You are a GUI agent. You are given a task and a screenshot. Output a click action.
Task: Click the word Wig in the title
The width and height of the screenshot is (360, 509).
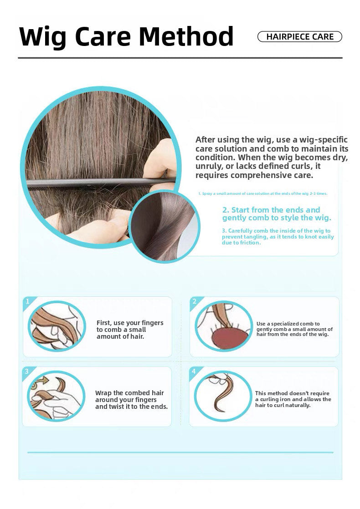42,37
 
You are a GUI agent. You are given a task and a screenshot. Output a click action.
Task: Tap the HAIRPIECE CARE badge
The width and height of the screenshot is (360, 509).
299,37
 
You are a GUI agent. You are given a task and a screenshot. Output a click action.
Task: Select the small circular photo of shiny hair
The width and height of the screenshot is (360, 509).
165,226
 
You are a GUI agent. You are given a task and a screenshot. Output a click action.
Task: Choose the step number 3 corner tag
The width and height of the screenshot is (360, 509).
27,372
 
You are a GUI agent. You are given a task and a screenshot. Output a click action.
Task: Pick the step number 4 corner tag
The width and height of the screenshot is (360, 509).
194,372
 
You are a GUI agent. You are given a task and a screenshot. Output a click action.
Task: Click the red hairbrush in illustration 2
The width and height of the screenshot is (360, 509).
225,338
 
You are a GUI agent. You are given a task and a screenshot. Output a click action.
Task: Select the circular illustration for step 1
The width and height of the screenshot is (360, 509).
57,326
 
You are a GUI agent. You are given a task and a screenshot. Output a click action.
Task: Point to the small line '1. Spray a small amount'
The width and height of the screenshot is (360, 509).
263,194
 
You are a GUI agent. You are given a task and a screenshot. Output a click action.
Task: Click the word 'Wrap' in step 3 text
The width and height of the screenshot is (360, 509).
103,393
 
